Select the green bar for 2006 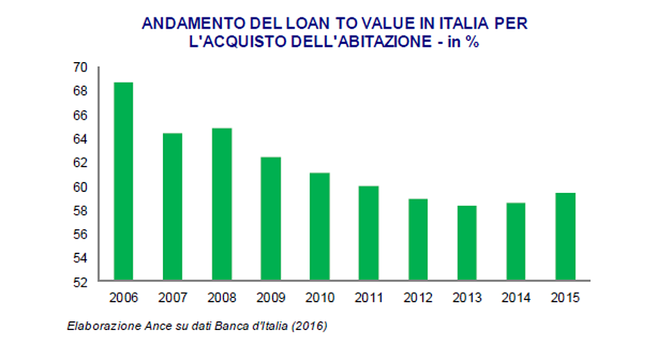tap(123, 182)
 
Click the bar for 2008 tap(221, 204)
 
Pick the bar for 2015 tap(564, 237)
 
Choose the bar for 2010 tap(319, 227)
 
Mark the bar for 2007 tap(172, 207)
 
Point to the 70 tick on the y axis tap(80, 67)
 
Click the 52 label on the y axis tap(80, 282)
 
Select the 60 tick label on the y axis tap(80, 187)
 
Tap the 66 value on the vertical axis tap(80, 115)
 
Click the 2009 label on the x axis tap(270, 298)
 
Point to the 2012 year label tap(418, 298)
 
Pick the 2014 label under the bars tap(515, 298)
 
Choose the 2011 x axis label tap(369, 298)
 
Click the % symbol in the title tap(473, 42)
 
